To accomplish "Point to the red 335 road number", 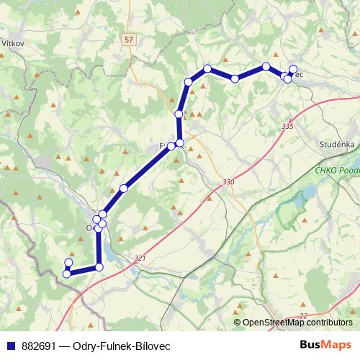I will tap(288, 126).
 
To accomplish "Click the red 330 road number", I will tap(229, 181).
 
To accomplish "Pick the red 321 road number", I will tap(140, 257).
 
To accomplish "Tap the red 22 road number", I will tap(303, 315).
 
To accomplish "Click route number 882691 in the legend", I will tap(38, 346).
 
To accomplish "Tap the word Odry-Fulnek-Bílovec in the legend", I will tap(119, 346).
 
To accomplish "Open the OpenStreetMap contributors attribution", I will tap(297, 323).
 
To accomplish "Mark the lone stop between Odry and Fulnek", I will tap(124, 189).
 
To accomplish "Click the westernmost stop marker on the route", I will tap(66, 274).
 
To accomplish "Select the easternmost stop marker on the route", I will tap(293, 69).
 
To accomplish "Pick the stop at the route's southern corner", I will tap(99, 267).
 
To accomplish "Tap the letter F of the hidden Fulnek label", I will tap(163, 146).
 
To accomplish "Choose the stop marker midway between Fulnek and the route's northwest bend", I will tap(179, 114).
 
